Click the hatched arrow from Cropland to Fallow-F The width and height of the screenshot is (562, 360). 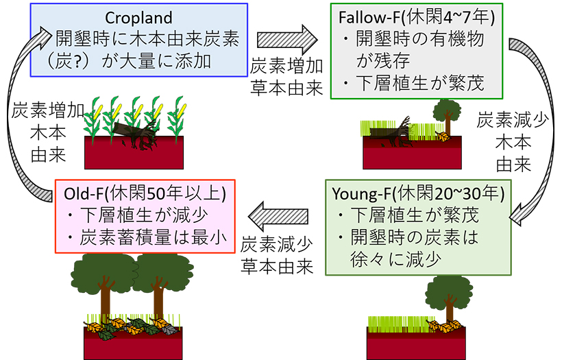[x=289, y=38]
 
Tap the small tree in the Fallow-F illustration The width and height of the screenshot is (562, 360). [x=448, y=113]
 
